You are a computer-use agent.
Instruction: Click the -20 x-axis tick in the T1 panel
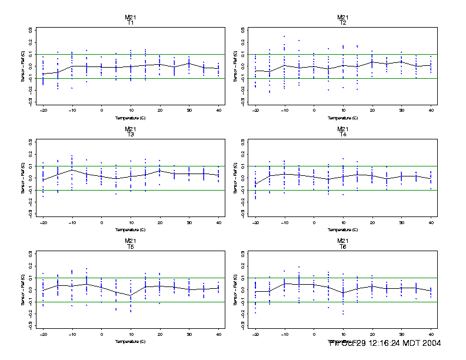coord(43,111)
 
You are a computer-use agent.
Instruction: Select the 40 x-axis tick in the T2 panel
coord(431,111)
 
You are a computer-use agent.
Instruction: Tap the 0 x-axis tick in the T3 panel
coord(101,222)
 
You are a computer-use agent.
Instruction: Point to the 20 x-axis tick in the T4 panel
coord(372,222)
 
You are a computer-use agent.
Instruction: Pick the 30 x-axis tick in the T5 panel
coord(188,334)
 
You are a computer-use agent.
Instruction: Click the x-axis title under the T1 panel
coord(130,118)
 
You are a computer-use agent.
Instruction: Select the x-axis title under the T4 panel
coord(343,229)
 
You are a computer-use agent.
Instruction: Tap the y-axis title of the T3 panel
coord(23,178)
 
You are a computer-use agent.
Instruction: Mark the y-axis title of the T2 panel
coord(236,66)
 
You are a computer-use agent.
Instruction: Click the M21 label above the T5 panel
coord(130,241)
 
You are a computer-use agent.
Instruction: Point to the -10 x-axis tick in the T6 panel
coord(285,334)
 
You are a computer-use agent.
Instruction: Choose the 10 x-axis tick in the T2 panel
coord(343,111)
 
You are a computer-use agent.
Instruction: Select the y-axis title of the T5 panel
coord(23,290)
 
